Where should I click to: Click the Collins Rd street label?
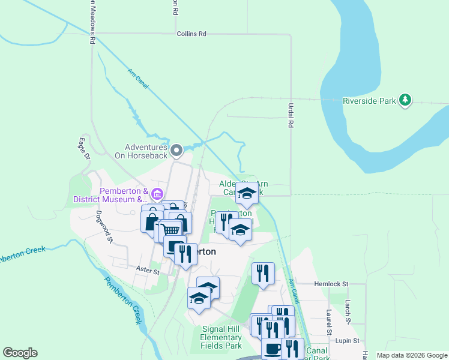coord(191,34)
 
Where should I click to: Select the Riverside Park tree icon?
coord(406,100)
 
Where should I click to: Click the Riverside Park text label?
coord(369,101)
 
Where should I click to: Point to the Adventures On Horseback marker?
coord(176,149)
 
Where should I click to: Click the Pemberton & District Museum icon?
coord(157,194)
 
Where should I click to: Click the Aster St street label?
coord(147,271)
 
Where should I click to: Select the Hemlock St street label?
coord(331,284)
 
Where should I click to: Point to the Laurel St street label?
coord(329,322)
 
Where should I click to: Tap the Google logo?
coord(20,353)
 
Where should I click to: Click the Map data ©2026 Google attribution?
coord(412,355)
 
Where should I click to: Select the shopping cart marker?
coord(171,229)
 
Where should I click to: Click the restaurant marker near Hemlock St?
coord(263,274)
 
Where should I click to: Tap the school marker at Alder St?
coord(246,193)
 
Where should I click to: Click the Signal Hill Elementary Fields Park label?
coord(221,337)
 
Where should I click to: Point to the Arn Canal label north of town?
coord(138,76)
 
